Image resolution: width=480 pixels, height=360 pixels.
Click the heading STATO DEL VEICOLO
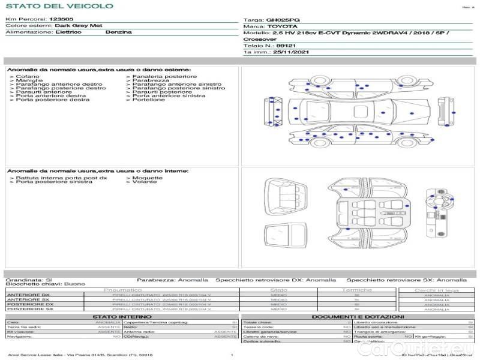tap(43, 7)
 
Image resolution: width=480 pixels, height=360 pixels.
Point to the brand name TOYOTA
tap(281, 26)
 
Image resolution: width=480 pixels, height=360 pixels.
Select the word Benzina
tap(118, 32)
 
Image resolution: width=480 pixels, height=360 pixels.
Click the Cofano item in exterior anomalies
tap(28, 77)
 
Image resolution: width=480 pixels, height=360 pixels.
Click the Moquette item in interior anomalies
tap(148, 178)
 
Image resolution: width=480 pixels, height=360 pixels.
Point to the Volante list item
tap(145, 182)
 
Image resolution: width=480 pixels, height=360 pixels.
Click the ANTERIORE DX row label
tap(28, 295)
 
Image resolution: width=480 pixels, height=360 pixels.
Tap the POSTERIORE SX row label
tap(29, 309)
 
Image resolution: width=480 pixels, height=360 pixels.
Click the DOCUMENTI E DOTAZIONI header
tap(358, 316)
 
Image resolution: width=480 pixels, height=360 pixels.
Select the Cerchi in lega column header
tap(436, 290)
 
